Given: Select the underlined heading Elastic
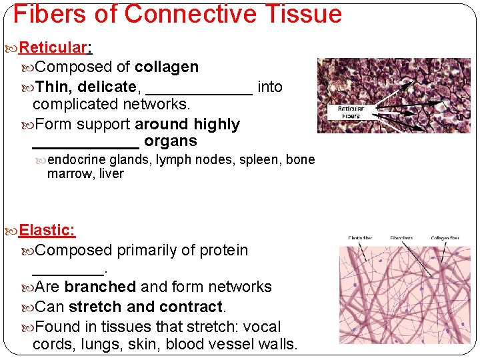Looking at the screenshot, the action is click(x=47, y=231).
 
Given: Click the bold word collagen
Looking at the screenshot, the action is click(x=167, y=67).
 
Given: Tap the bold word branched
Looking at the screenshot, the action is click(x=100, y=287).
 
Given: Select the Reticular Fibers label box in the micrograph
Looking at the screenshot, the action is click(x=351, y=112).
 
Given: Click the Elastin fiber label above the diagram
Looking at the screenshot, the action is click(x=360, y=238).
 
